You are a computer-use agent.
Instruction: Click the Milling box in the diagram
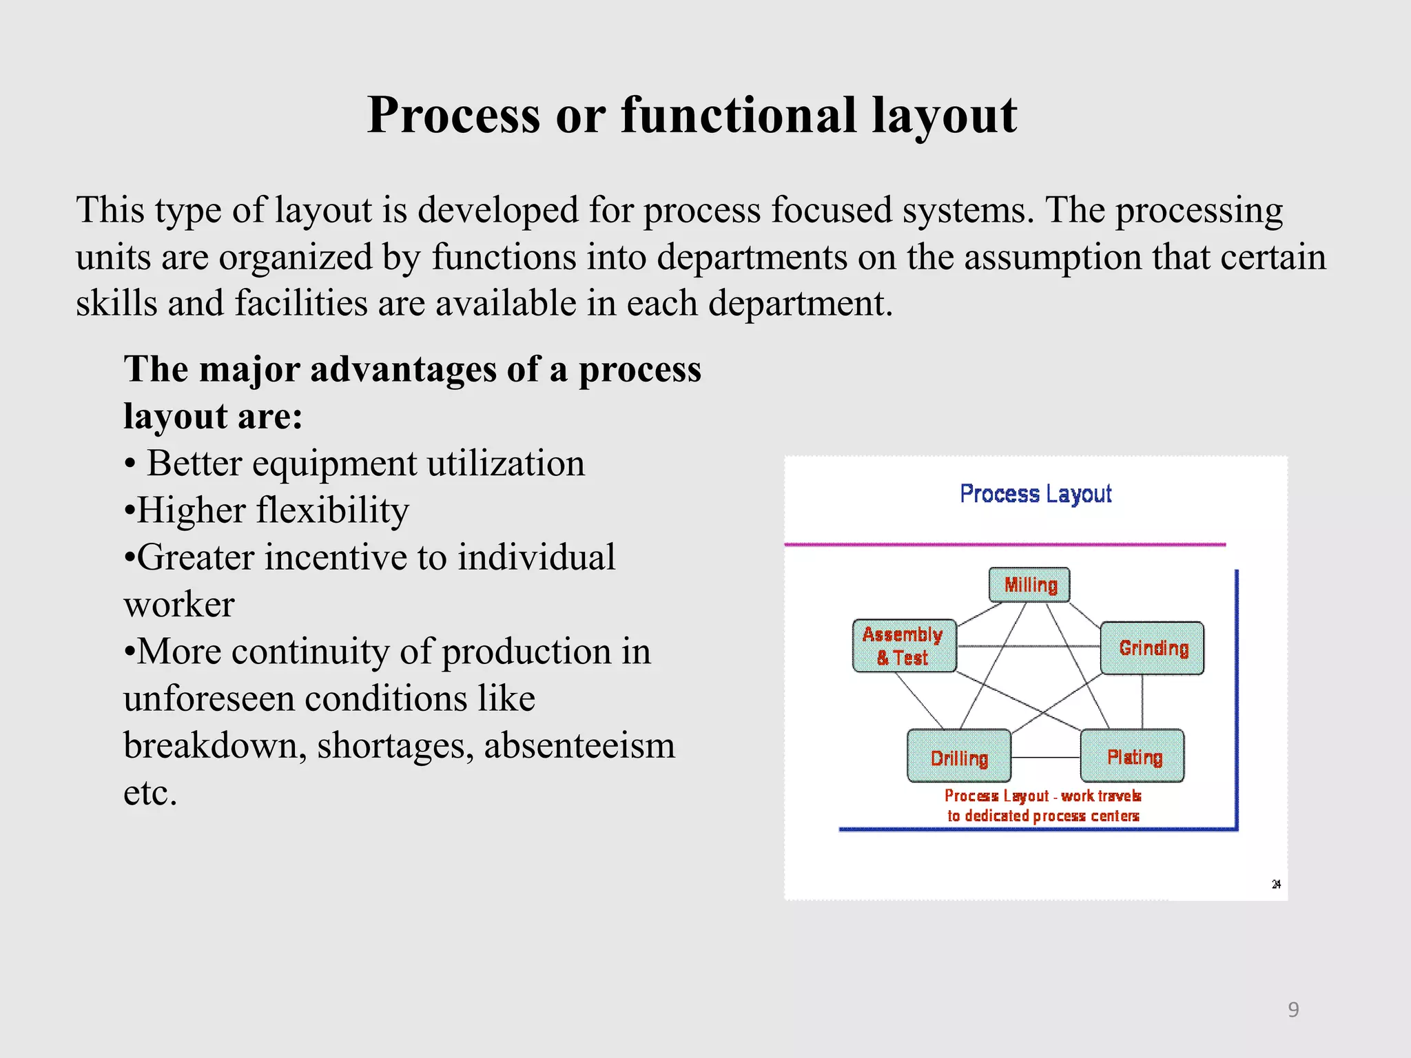pos(1029,585)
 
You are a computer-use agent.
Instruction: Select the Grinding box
pos(1152,648)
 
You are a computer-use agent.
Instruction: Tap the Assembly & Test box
pos(904,645)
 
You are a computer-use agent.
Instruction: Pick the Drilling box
pos(959,756)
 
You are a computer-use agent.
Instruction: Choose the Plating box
pos(1133,756)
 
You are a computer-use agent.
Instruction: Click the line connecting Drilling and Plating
pos(1045,757)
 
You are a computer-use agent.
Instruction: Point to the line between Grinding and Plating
pos(1142,701)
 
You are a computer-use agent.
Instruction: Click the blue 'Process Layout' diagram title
pos(1036,494)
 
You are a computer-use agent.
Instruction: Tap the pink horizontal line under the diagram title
pos(1005,544)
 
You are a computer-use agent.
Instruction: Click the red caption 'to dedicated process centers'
pos(1043,816)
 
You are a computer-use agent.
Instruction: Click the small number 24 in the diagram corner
pos(1276,884)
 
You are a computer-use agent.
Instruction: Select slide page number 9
pos(1293,1009)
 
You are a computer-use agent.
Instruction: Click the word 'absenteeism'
pos(579,746)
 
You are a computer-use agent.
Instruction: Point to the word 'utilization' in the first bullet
pos(505,463)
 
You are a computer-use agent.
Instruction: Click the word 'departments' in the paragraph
pos(752,257)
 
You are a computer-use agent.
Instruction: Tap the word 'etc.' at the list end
pos(150,793)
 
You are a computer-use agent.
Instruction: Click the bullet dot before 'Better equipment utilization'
pos(130,464)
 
